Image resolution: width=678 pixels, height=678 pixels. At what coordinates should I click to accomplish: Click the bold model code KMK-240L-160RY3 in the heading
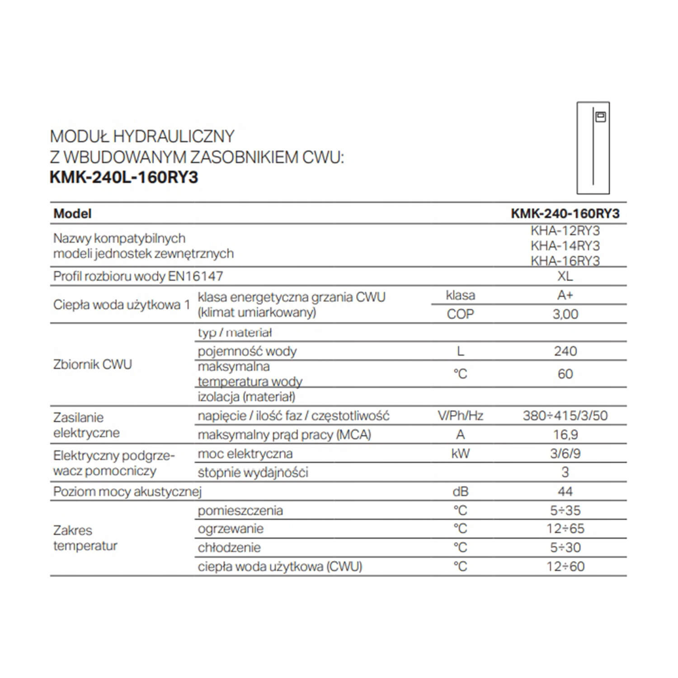pyautogui.click(x=124, y=177)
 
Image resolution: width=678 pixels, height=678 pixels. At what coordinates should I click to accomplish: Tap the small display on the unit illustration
pyautogui.click(x=600, y=117)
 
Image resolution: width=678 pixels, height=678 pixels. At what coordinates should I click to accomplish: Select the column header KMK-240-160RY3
pyautogui.click(x=565, y=213)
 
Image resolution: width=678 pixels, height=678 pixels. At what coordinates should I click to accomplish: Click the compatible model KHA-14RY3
pyautogui.click(x=565, y=246)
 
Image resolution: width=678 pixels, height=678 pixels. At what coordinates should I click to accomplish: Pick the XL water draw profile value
pyautogui.click(x=565, y=276)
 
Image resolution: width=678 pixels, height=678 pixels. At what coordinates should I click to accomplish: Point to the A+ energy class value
pyautogui.click(x=565, y=295)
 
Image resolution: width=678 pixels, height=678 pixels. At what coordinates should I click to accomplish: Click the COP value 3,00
pyautogui.click(x=565, y=314)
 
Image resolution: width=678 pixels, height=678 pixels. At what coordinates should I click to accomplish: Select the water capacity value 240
pyautogui.click(x=565, y=351)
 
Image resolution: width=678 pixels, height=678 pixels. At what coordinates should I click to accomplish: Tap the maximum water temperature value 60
pyautogui.click(x=565, y=374)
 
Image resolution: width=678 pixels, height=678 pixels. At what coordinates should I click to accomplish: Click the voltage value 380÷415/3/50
pyautogui.click(x=565, y=415)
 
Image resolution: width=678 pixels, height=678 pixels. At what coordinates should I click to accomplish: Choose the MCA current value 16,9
pyautogui.click(x=565, y=434)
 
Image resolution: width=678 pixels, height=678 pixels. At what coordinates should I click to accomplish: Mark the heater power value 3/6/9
pyautogui.click(x=565, y=453)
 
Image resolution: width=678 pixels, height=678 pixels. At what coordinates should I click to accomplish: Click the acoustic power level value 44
pyautogui.click(x=565, y=491)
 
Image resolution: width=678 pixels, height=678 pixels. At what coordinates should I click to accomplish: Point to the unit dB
pyautogui.click(x=460, y=491)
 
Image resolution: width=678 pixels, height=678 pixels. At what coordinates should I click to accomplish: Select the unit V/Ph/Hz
pyautogui.click(x=460, y=415)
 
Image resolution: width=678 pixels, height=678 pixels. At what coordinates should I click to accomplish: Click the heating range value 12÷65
pyautogui.click(x=565, y=528)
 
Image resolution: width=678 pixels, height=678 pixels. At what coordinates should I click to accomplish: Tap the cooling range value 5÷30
pyautogui.click(x=565, y=547)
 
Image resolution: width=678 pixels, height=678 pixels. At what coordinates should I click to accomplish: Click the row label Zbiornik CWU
pyautogui.click(x=93, y=364)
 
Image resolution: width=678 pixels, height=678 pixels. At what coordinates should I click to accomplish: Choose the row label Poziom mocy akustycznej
pyautogui.click(x=127, y=491)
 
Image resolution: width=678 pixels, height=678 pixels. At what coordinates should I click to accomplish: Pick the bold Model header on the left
pyautogui.click(x=72, y=213)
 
